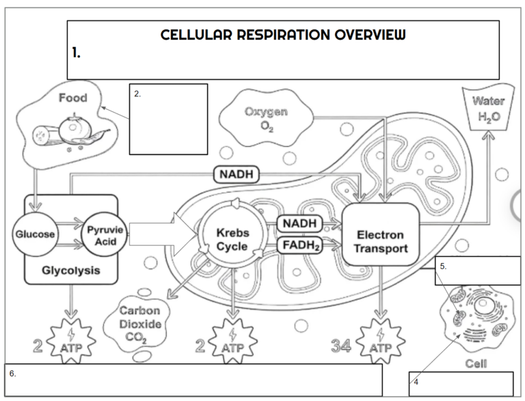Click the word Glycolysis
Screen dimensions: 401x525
tap(70, 271)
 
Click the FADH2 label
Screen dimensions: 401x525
tap(299, 245)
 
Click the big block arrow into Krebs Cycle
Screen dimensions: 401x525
tap(161, 235)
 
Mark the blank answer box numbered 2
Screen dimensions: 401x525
tap(168, 120)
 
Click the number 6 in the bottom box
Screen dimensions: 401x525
tap(12, 374)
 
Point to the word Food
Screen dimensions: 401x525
tap(72, 98)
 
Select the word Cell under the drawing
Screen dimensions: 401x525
tap(476, 363)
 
